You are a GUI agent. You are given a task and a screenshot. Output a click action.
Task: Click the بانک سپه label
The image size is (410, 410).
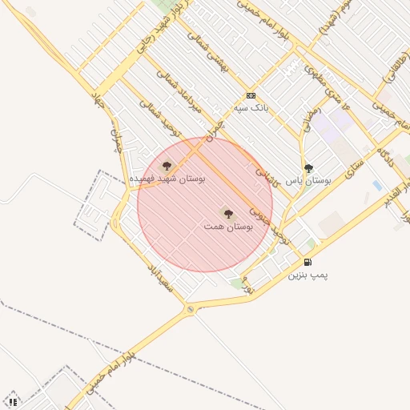[x=251, y=107]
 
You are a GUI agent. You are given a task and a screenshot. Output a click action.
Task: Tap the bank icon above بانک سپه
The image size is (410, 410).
[x=251, y=94]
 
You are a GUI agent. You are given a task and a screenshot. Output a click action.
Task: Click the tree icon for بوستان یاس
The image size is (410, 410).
[x=308, y=168]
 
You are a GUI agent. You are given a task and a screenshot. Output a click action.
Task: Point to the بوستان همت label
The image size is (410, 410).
[x=229, y=227]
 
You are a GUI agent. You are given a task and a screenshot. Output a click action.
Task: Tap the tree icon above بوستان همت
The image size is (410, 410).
[x=228, y=214]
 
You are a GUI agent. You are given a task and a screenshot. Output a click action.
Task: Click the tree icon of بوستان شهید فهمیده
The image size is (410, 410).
[x=167, y=166]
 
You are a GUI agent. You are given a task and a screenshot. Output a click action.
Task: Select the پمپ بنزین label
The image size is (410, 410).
[x=308, y=275]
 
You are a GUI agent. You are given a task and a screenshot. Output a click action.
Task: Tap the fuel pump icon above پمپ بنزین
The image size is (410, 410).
[x=307, y=262]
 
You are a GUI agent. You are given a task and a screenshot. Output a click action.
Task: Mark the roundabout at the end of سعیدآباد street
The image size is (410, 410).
[x=190, y=308]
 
